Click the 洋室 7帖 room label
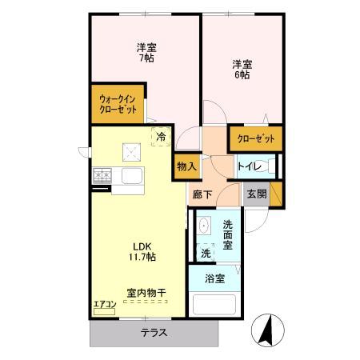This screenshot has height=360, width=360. tap(146, 52)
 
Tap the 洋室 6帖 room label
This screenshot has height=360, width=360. tap(242, 69)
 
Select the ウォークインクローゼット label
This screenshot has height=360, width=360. tap(117, 104)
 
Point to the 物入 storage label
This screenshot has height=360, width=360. tap(186, 167)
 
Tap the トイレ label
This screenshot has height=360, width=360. tap(248, 166)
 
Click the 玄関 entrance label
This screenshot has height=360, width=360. tap(256, 194)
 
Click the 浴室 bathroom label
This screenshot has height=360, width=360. tap(214, 279)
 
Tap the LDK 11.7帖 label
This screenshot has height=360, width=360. tap(139, 250)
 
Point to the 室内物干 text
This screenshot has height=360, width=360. tap(145, 294)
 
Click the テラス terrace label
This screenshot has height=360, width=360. tap(154, 333)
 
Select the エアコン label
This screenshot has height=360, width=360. tap(105, 303)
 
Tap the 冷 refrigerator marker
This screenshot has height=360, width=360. tap(162, 138)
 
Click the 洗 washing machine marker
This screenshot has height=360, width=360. tap(206, 252)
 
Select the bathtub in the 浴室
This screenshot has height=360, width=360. tap(214, 306)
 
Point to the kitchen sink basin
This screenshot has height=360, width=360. tap(130, 175)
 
